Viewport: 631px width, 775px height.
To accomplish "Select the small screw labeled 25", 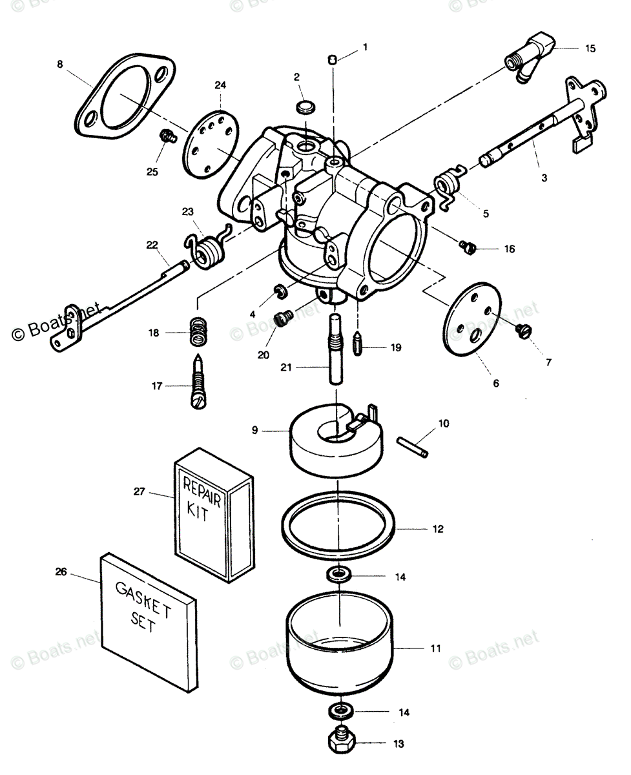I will pos(169,136).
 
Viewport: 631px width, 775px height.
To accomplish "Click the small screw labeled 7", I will pos(523,330).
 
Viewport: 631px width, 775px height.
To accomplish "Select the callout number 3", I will pos(544,177).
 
